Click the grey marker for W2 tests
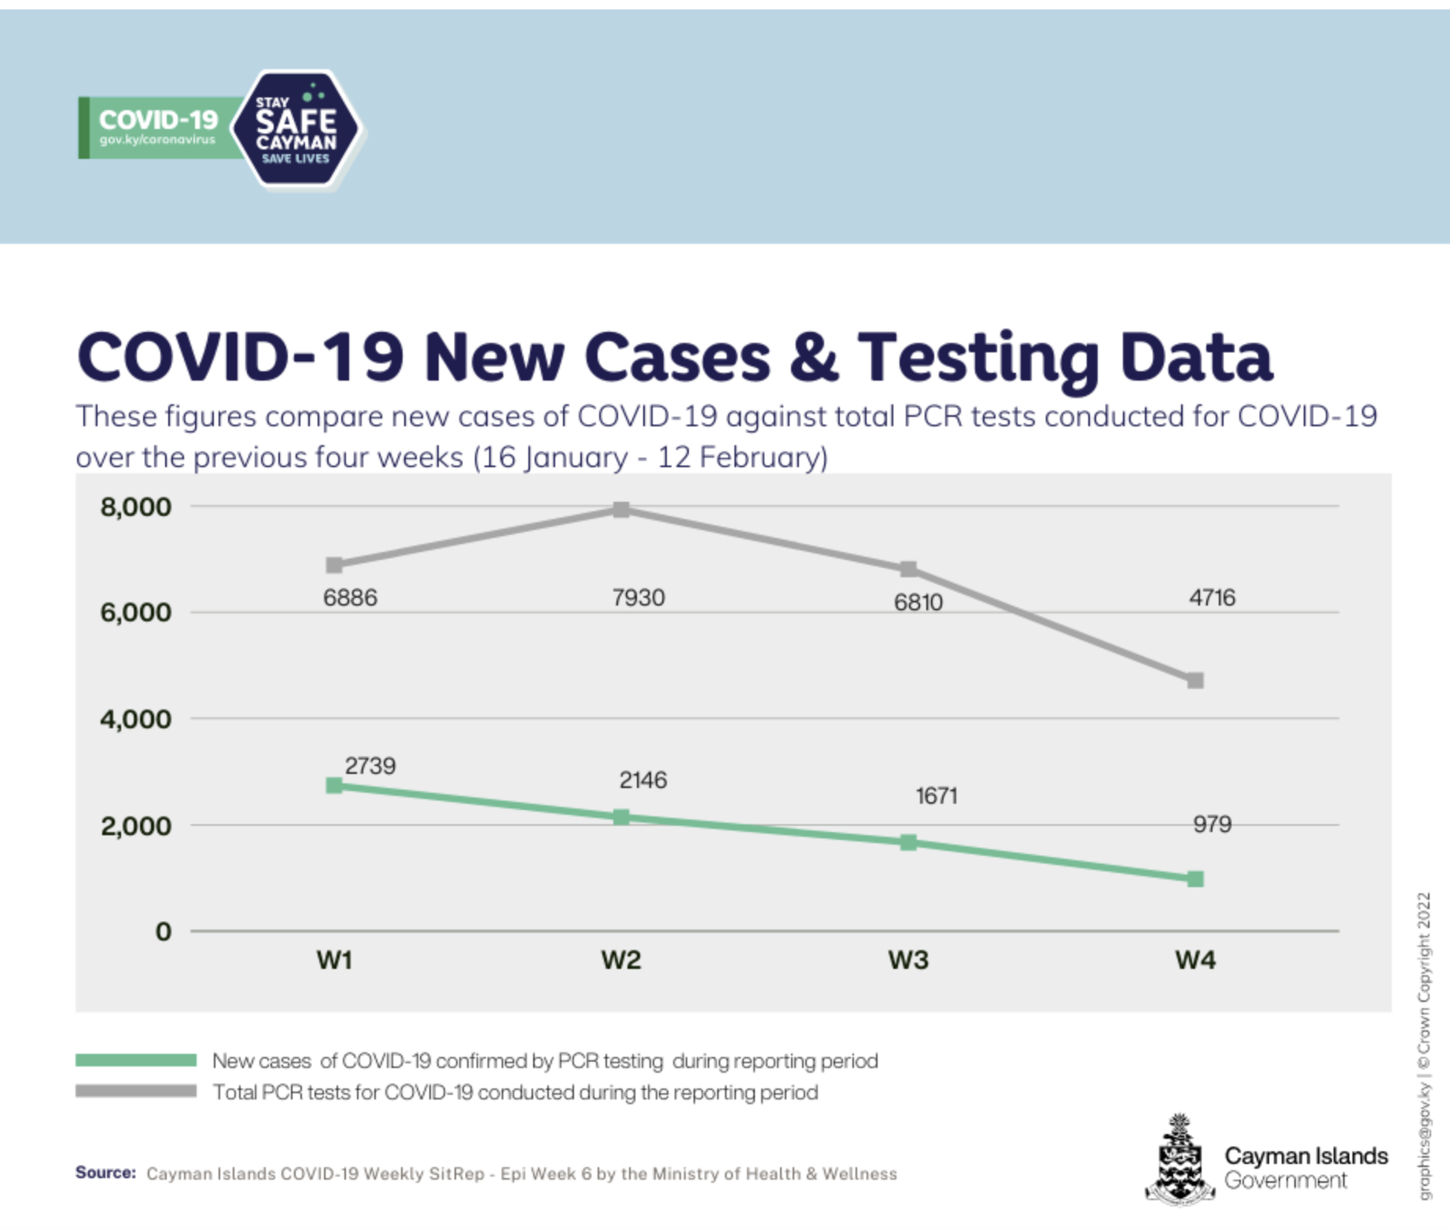click(x=621, y=510)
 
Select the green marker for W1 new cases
click(x=334, y=786)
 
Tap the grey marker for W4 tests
click(x=1195, y=680)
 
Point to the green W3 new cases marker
click(x=908, y=842)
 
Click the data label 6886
click(x=350, y=598)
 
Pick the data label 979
click(x=1212, y=824)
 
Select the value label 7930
click(x=639, y=598)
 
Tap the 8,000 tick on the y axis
click(x=135, y=506)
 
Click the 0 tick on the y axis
click(x=163, y=931)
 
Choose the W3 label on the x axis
click(x=908, y=959)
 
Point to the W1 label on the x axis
click(x=334, y=959)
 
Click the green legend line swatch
click(x=136, y=1060)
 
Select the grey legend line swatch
click(x=136, y=1092)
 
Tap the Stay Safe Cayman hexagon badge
click(x=297, y=129)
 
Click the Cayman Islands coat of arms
click(x=1179, y=1161)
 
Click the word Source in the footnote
click(x=105, y=1173)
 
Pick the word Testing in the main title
click(x=977, y=358)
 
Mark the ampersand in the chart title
click(x=813, y=358)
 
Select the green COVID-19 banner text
click(x=158, y=120)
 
